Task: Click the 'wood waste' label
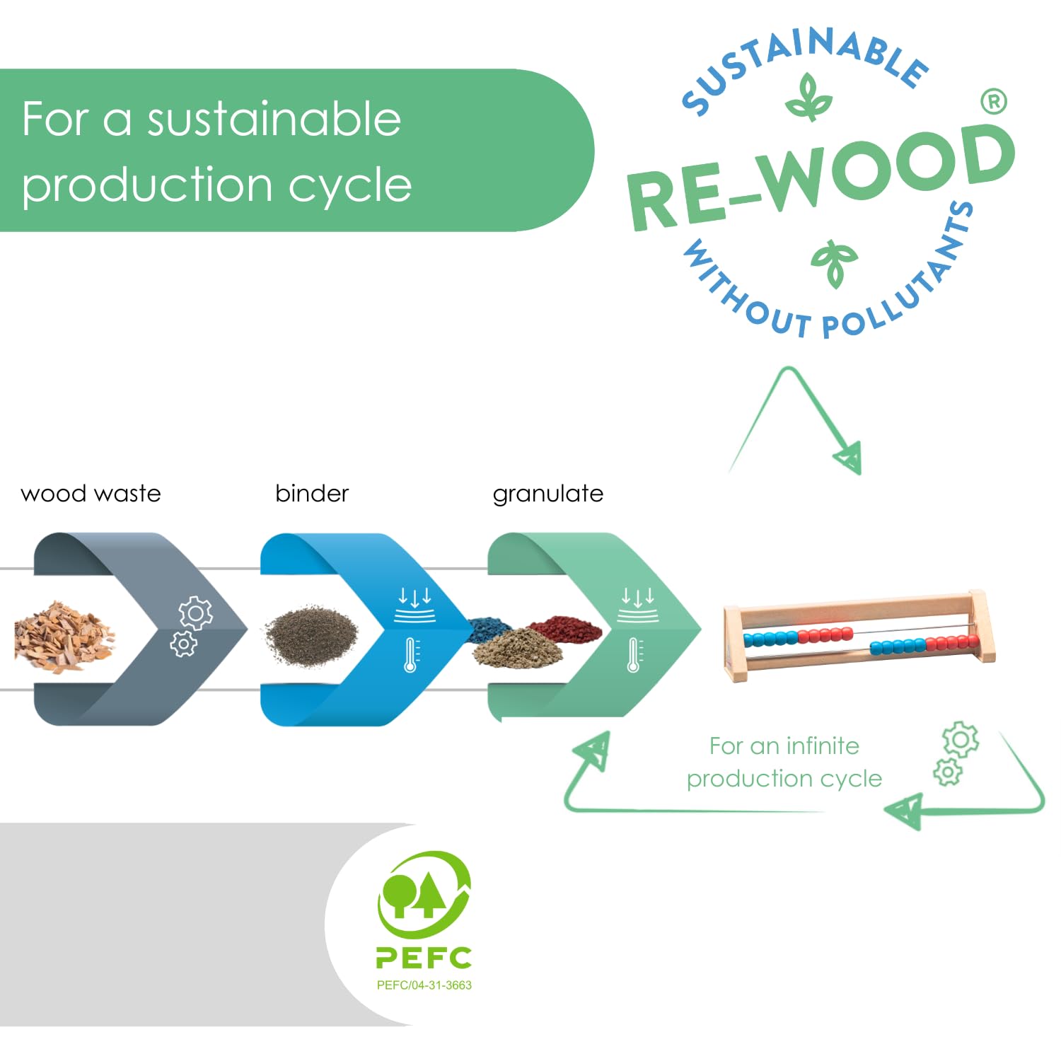91,493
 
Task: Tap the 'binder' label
312,493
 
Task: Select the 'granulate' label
548,494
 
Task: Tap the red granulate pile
564,628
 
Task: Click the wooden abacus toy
858,634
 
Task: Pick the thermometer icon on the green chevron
634,654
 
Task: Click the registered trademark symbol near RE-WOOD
994,102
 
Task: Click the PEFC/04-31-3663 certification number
424,985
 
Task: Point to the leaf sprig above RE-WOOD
808,97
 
